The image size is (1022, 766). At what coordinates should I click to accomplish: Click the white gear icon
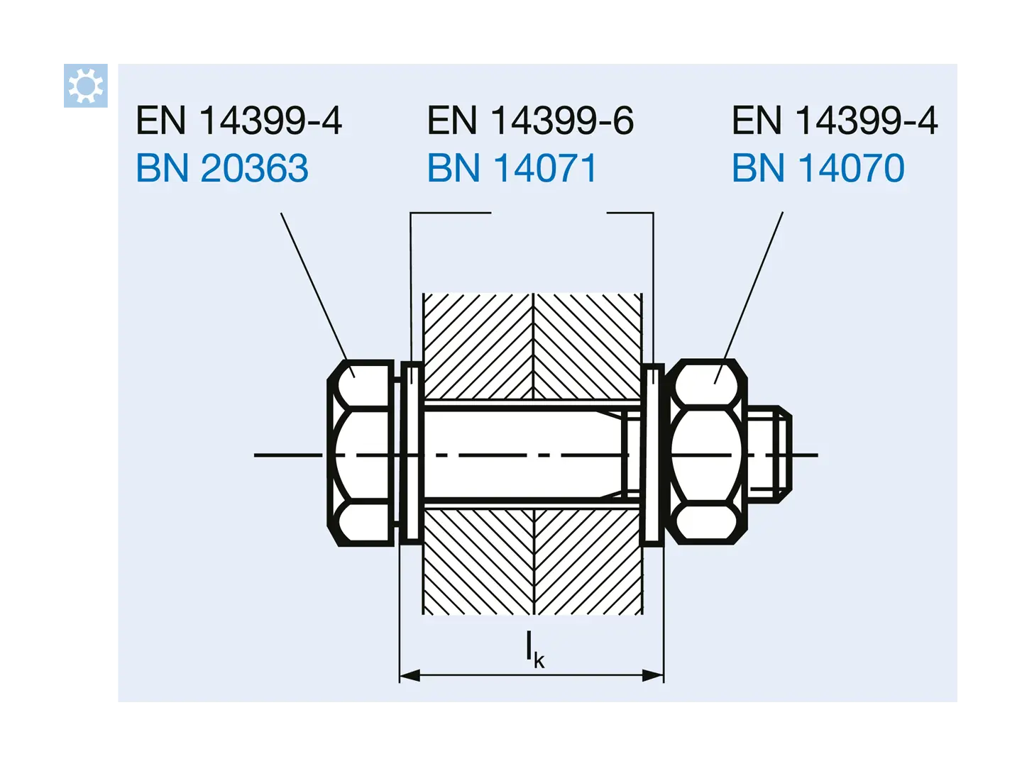tap(85, 86)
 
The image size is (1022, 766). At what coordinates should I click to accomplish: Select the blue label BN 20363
tap(222, 168)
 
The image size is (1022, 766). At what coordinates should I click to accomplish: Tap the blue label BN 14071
tap(512, 168)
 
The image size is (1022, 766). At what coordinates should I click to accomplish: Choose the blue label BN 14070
tap(818, 168)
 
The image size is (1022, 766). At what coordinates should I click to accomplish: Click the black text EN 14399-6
tap(530, 121)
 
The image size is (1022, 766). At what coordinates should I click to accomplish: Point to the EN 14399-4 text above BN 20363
tap(239, 121)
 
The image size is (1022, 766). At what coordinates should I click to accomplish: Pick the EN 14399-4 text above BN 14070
tap(835, 121)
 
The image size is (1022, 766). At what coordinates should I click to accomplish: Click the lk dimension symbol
tap(534, 649)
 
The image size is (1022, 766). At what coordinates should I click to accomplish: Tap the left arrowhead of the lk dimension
tap(410, 675)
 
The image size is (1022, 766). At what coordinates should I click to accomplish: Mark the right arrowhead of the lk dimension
tap(653, 675)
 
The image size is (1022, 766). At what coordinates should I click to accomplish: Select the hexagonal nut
tap(706, 452)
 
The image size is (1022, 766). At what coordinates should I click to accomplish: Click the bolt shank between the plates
tap(525, 455)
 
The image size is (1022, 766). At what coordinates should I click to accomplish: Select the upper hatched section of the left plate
tap(478, 347)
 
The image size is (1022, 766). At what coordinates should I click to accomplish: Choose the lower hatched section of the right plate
tap(588, 562)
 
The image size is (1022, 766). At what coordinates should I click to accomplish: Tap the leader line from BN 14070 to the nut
tap(749, 298)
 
